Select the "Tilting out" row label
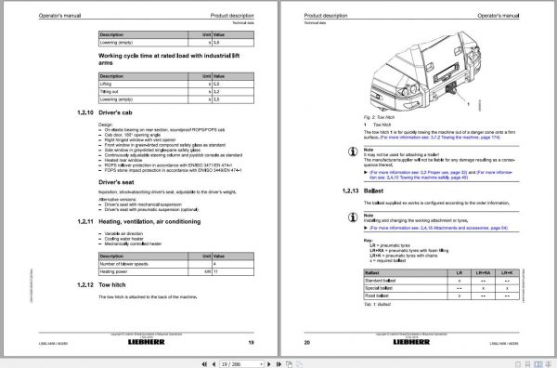click(x=114, y=90)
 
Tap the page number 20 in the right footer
click(x=308, y=342)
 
